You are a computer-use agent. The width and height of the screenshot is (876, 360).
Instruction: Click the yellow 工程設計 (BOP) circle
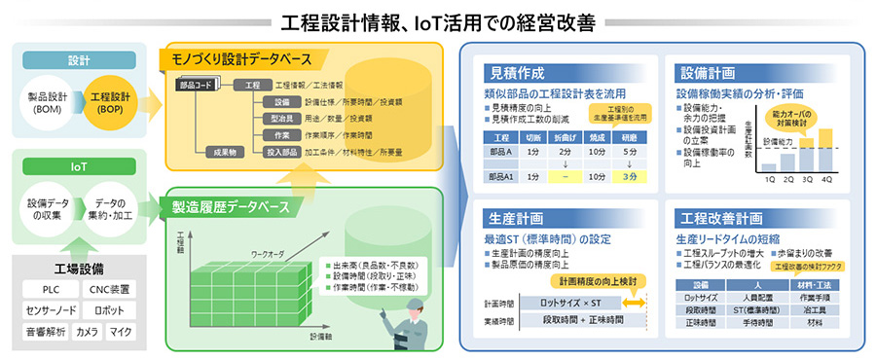[111, 103]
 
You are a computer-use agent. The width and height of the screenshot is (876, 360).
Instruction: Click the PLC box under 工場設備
[51, 289]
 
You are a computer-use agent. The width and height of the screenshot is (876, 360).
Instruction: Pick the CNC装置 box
[113, 289]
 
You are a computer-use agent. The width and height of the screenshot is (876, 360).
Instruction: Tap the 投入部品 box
[282, 151]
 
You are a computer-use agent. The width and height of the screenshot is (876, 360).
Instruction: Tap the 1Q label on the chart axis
[770, 181]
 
